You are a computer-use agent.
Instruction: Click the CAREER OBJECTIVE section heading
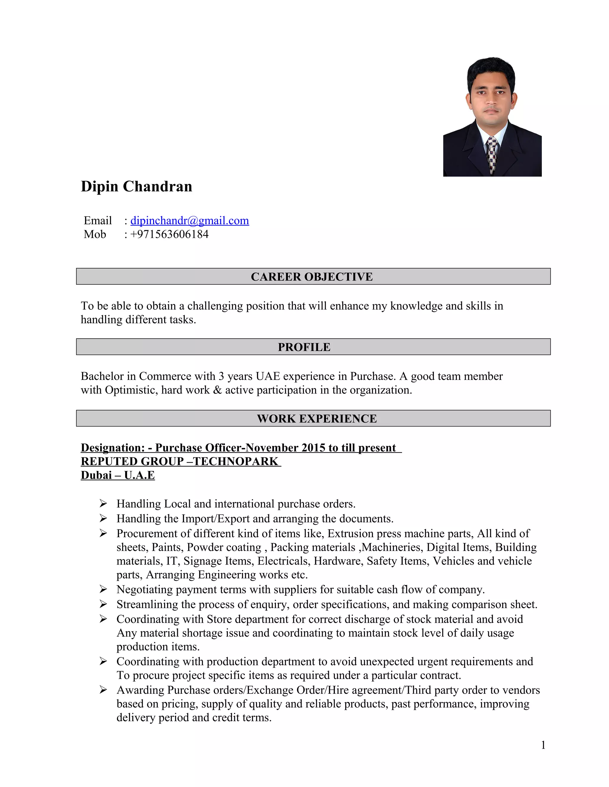(x=312, y=276)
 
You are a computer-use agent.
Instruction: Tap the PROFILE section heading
(x=304, y=347)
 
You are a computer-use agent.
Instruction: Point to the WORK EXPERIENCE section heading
(x=316, y=418)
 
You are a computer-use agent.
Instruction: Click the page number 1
(x=543, y=745)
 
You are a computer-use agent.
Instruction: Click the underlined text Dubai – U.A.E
(x=118, y=475)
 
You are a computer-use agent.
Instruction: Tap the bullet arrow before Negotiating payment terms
(x=103, y=589)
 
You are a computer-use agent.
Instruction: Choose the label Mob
(x=95, y=234)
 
